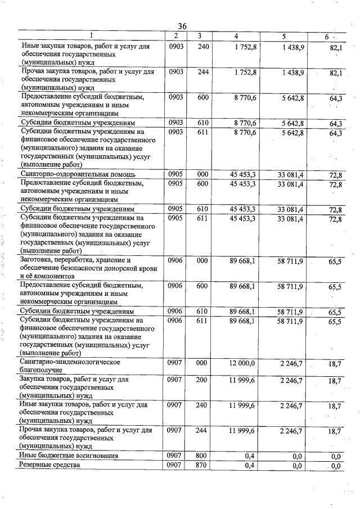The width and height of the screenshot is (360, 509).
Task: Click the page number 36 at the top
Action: tap(182, 26)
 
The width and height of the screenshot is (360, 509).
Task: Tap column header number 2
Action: tap(176, 37)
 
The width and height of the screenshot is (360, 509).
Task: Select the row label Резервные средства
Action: tap(49, 465)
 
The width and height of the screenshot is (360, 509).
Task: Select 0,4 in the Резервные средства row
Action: tap(250, 465)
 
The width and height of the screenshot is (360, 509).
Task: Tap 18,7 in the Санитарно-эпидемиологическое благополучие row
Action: tap(335, 364)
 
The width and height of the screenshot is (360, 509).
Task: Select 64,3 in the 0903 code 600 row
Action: tap(336, 98)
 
